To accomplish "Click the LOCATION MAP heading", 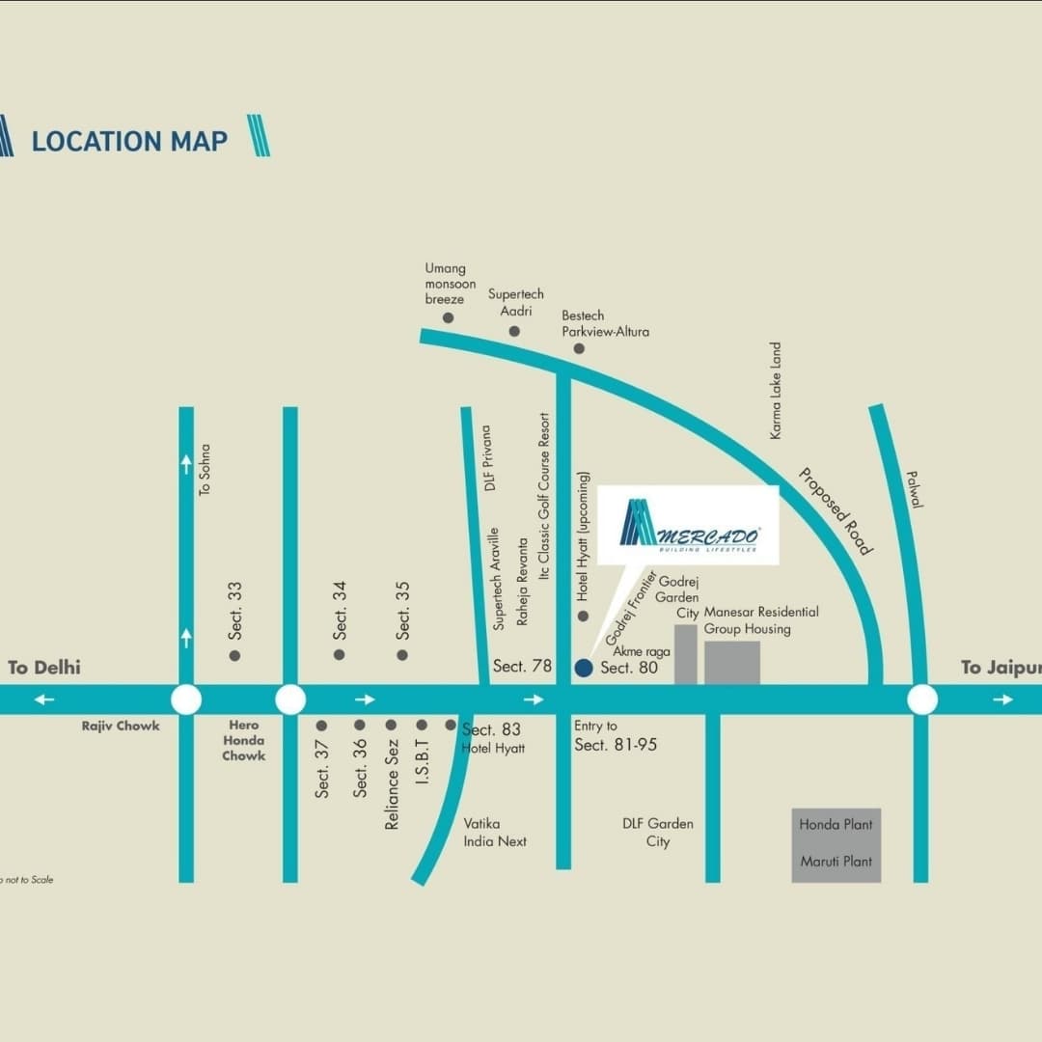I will coord(129,141).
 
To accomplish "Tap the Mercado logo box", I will coord(687,525).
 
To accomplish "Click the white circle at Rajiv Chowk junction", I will coord(186,699).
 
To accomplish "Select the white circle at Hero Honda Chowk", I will coord(290,699).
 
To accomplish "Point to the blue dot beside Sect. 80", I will coord(583,668).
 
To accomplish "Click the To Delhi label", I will coord(44,668).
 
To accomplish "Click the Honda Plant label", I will coord(836,825).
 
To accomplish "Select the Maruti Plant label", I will coord(836,862).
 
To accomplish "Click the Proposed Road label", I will coord(836,511).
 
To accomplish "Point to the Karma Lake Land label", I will coord(776,391).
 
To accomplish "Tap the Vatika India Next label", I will coord(496,833).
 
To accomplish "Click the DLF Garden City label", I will coord(658,833).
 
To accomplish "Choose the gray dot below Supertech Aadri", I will coord(514,331).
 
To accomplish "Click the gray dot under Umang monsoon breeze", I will coord(448,317).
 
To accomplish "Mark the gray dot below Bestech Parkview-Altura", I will coord(579,348).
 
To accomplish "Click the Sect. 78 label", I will coord(522,667).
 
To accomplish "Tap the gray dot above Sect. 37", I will coord(322,725).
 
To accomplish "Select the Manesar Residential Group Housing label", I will coord(761,620).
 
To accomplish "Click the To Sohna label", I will coord(204,470).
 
